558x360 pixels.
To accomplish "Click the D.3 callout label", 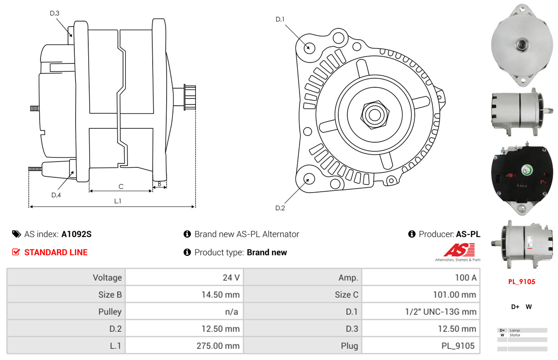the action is click(x=54, y=13).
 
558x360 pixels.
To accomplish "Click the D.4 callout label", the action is click(x=56, y=195).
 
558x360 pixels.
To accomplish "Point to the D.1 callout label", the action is click(x=280, y=19).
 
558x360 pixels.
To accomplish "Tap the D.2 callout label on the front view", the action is click(x=280, y=208).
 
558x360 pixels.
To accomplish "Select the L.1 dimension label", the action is click(x=118, y=201).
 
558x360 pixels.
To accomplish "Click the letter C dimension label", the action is click(x=121, y=186).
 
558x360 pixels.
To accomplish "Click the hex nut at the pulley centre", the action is click(x=375, y=115).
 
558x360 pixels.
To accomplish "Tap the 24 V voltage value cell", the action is click(x=231, y=278).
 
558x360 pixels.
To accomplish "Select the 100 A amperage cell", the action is click(x=466, y=278).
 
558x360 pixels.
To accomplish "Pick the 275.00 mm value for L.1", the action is click(x=218, y=346).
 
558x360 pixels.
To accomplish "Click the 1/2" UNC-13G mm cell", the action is click(x=440, y=312).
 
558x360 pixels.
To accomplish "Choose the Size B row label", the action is click(x=110, y=294).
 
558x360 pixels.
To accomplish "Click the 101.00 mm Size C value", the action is click(x=454, y=294).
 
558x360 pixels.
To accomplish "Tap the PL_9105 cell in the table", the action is click(x=458, y=346).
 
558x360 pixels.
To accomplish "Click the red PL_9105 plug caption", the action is click(x=522, y=282).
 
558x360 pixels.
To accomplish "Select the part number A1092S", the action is click(x=77, y=234).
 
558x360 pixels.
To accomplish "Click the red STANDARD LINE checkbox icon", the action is click(x=16, y=252).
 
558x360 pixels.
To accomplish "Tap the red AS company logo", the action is click(x=459, y=250).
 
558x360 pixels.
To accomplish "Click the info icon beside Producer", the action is click(x=412, y=234).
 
